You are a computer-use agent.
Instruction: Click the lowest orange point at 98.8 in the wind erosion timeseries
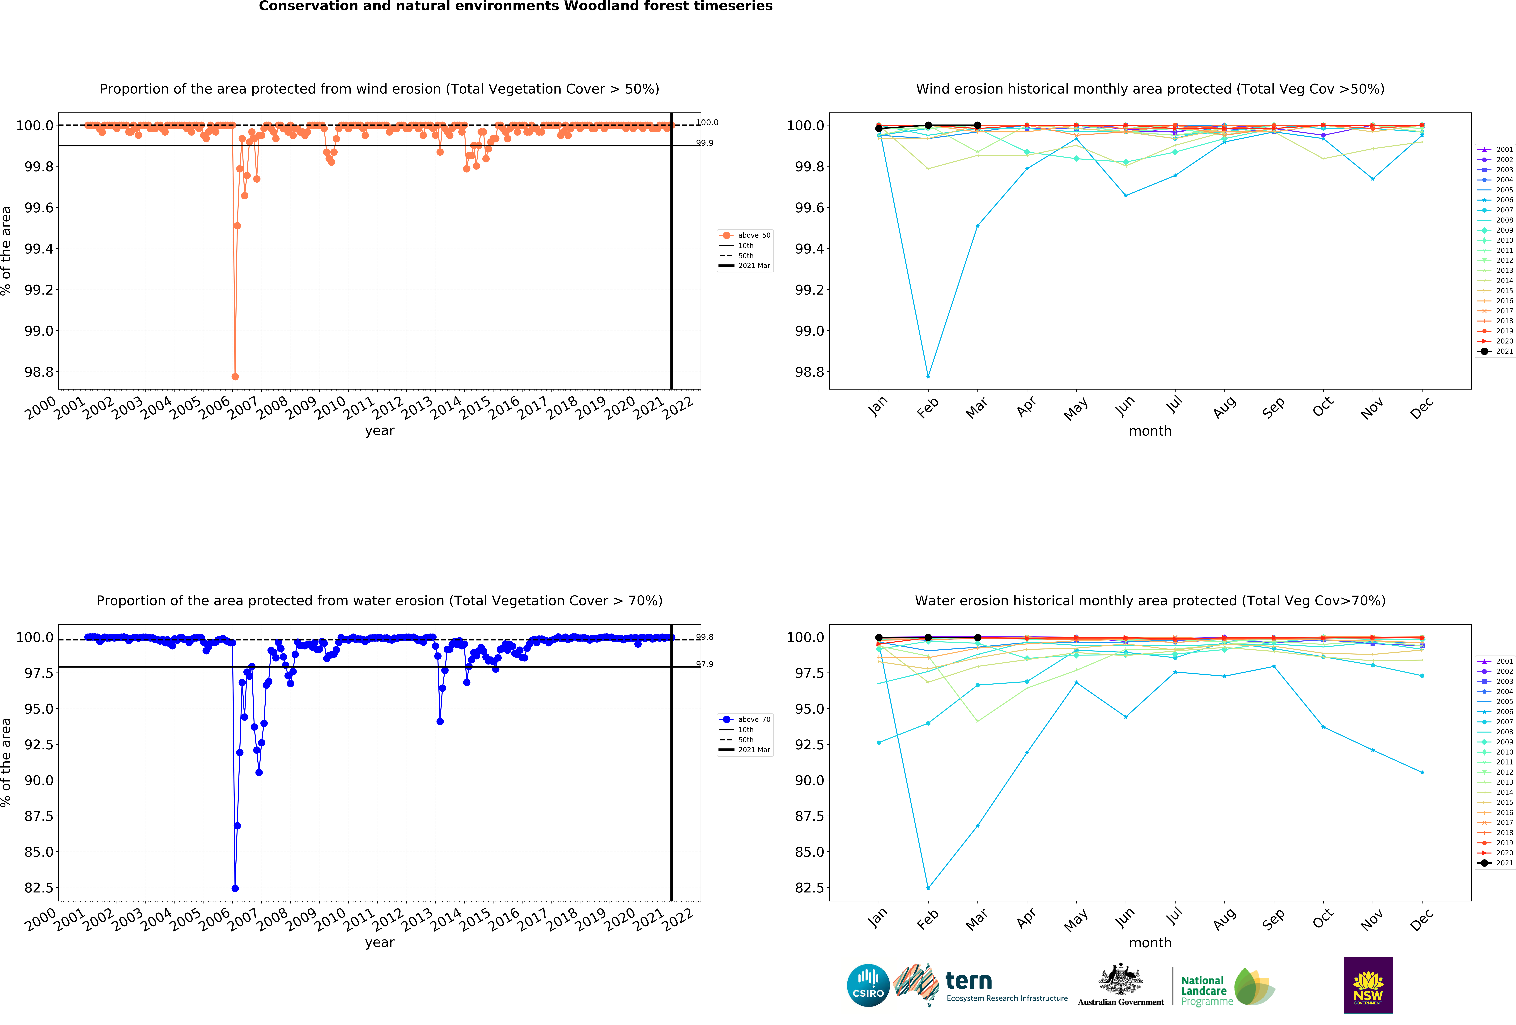(235, 377)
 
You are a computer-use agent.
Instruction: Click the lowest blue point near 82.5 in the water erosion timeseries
(235, 888)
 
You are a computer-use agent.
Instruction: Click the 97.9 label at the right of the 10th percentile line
(705, 664)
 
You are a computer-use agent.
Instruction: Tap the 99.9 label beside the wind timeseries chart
(705, 143)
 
